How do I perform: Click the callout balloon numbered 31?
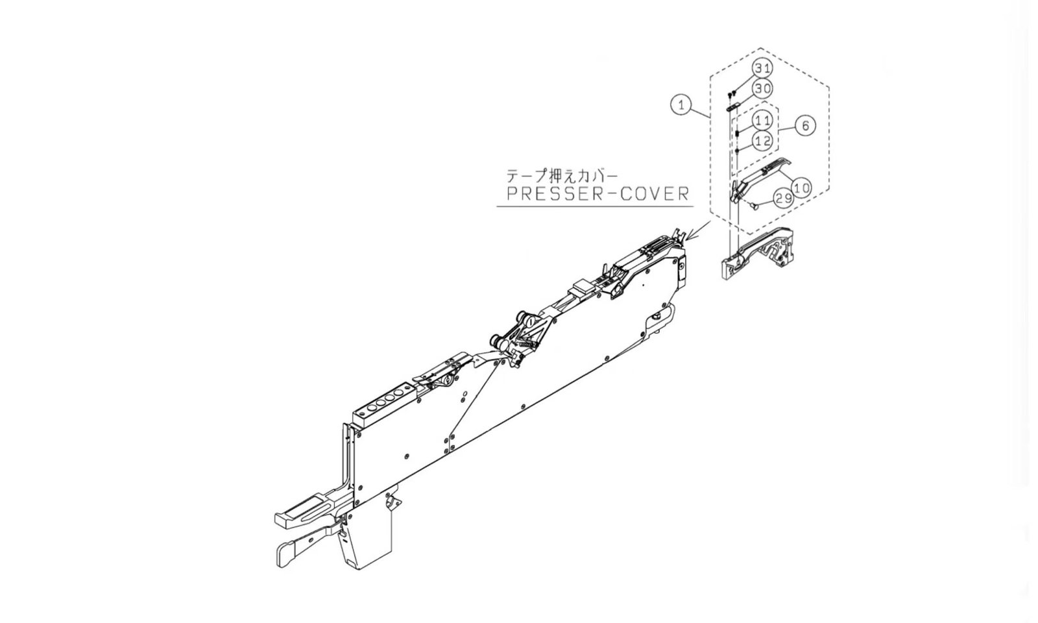[x=763, y=68]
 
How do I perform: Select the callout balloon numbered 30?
[x=763, y=88]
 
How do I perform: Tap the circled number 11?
[x=763, y=120]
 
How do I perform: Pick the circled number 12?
[x=763, y=140]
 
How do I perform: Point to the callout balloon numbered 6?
[x=805, y=125]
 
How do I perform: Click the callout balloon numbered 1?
[x=681, y=104]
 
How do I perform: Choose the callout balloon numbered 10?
[x=802, y=187]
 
